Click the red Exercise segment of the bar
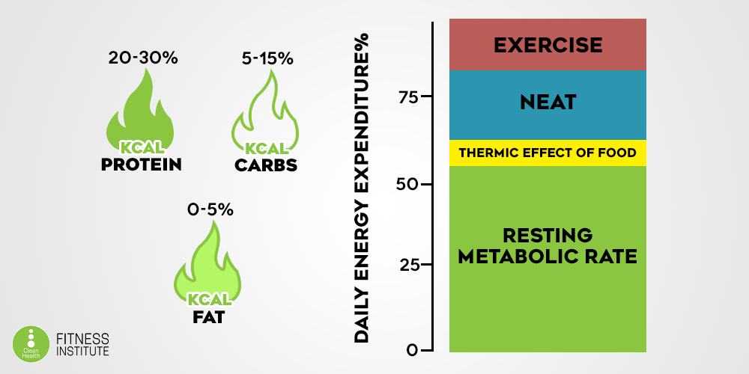(547, 44)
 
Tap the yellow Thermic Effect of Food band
(547, 153)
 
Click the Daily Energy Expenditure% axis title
(363, 187)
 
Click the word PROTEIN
(142, 164)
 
